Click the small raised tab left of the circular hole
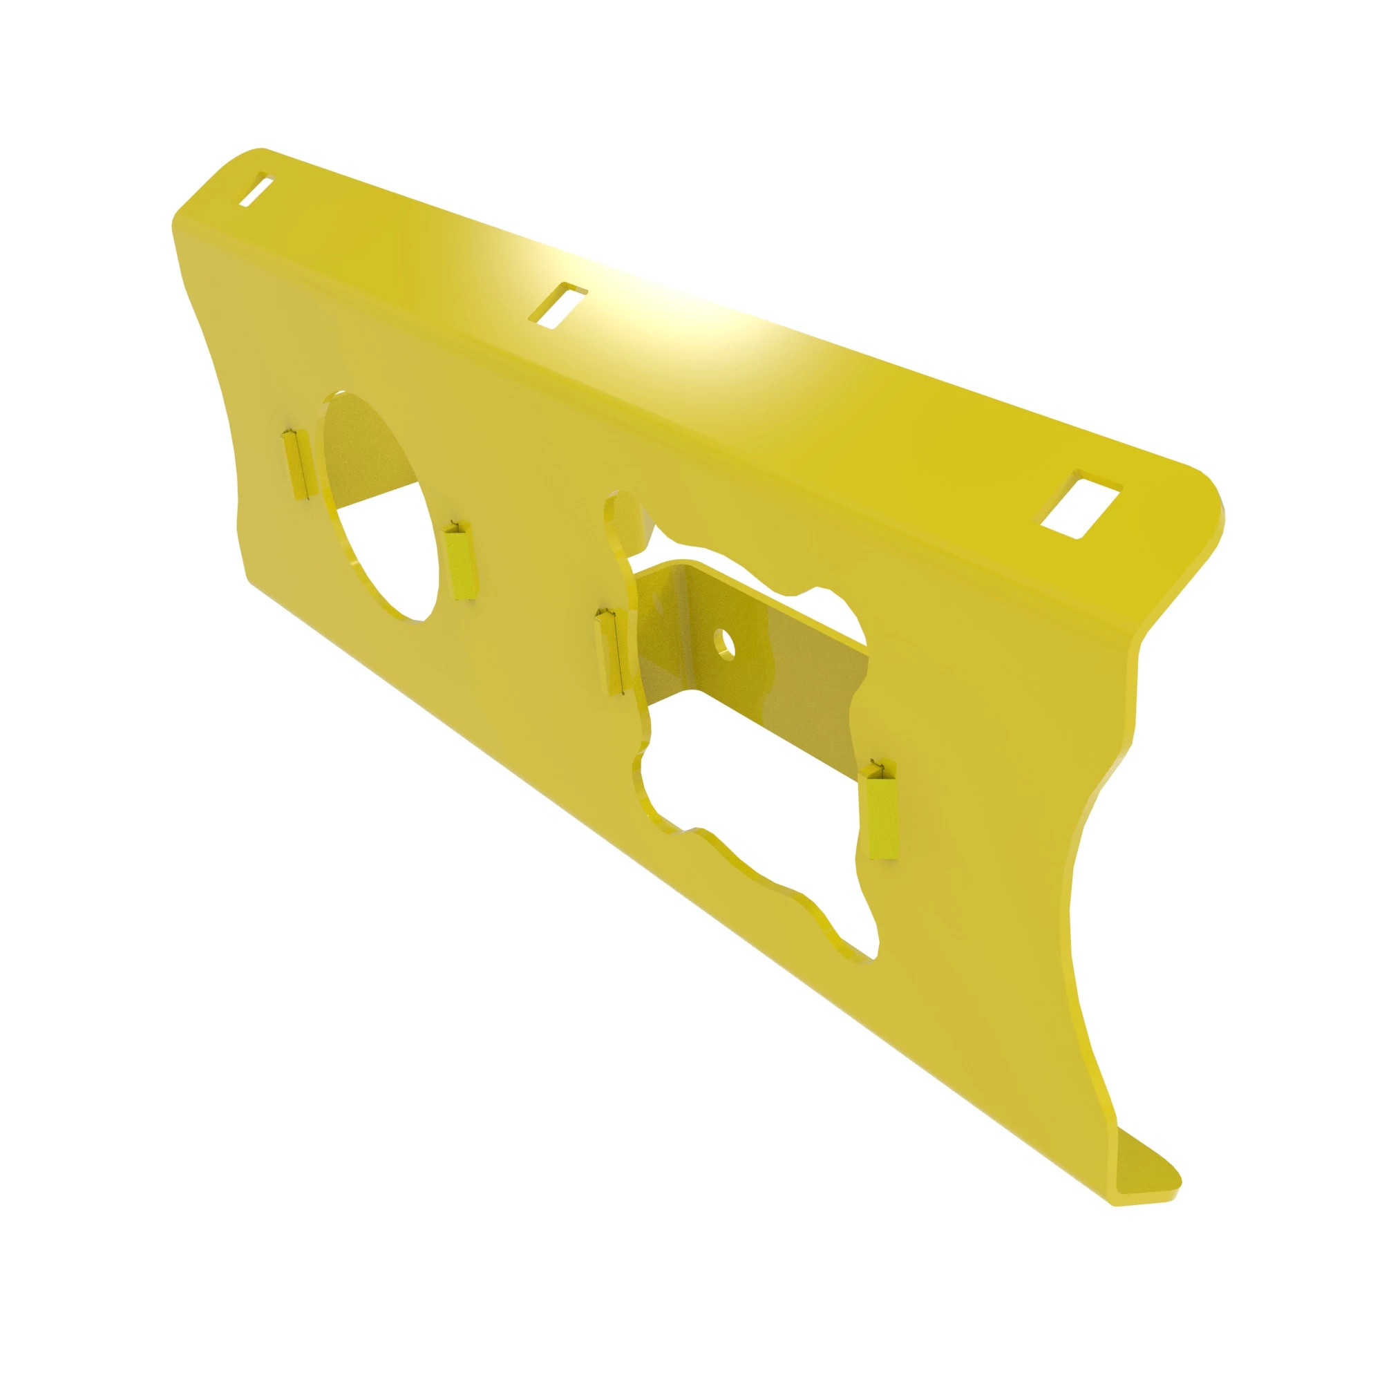point(295,464)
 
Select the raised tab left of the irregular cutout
point(609,651)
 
